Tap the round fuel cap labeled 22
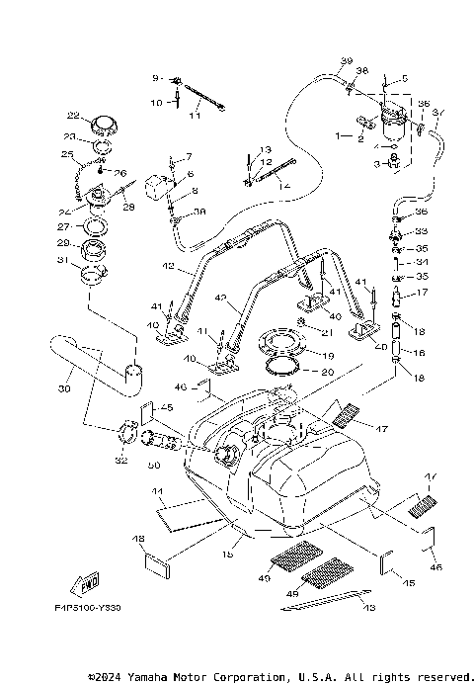tap(104, 126)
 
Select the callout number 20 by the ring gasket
tap(329, 372)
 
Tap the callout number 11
tap(195, 118)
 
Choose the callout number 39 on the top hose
tap(346, 61)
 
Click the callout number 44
tap(157, 491)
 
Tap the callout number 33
tap(421, 230)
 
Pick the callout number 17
tap(421, 293)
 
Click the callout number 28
tap(127, 209)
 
